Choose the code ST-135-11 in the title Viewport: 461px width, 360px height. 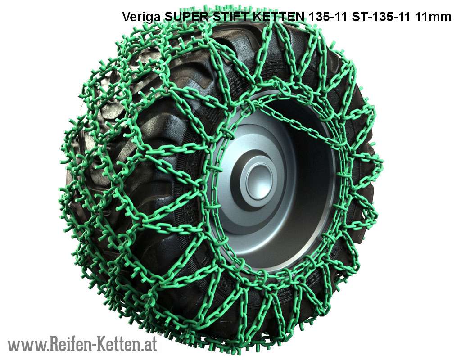click(381, 17)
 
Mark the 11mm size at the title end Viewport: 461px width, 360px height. click(433, 17)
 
